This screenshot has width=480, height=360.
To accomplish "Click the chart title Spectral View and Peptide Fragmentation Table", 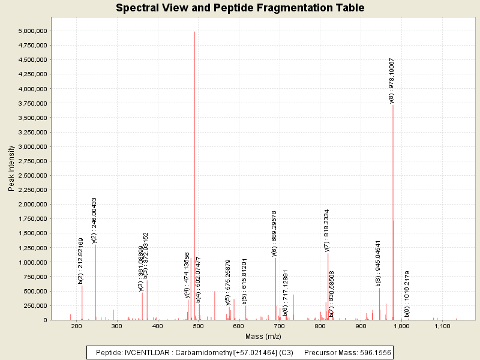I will [x=240, y=8].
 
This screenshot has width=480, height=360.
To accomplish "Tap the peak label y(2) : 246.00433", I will [x=94, y=220].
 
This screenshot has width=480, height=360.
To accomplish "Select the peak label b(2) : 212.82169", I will [x=81, y=260].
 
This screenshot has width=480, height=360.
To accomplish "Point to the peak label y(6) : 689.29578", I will [x=274, y=233].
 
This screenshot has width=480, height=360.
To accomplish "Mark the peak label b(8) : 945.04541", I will [x=378, y=263].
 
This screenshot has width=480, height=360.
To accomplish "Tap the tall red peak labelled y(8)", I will [x=393, y=180].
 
